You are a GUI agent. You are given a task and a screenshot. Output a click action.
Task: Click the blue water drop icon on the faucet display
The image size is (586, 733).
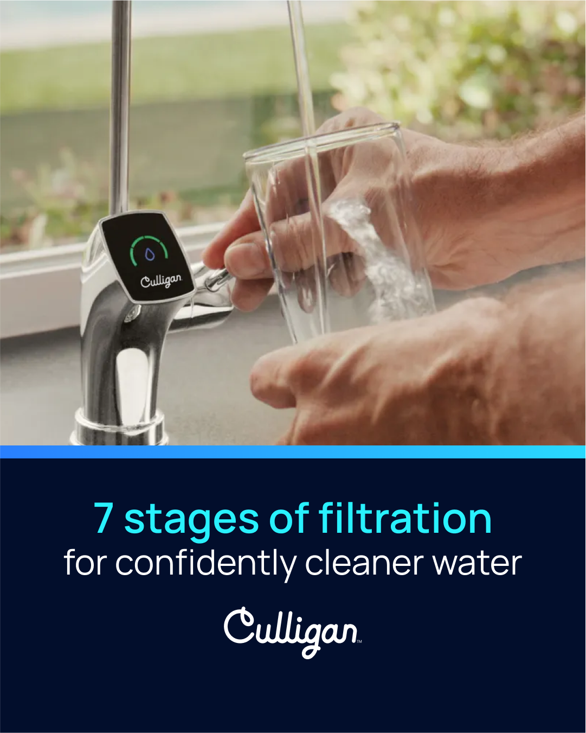[150, 254]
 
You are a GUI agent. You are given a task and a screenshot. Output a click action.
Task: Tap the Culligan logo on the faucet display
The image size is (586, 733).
[161, 281]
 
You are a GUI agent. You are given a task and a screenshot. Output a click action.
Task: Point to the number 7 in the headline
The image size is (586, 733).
[104, 518]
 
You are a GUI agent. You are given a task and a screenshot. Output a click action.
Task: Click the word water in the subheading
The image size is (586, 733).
[477, 564]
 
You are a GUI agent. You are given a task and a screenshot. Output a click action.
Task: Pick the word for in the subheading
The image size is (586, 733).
[86, 562]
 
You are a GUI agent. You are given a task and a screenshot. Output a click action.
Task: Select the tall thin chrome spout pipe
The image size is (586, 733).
[121, 106]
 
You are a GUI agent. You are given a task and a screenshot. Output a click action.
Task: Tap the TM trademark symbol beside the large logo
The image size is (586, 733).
[359, 642]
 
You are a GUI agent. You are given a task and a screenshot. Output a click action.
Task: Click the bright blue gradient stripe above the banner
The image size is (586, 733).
[293, 452]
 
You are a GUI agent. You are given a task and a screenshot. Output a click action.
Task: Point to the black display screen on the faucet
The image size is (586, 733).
[147, 256]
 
